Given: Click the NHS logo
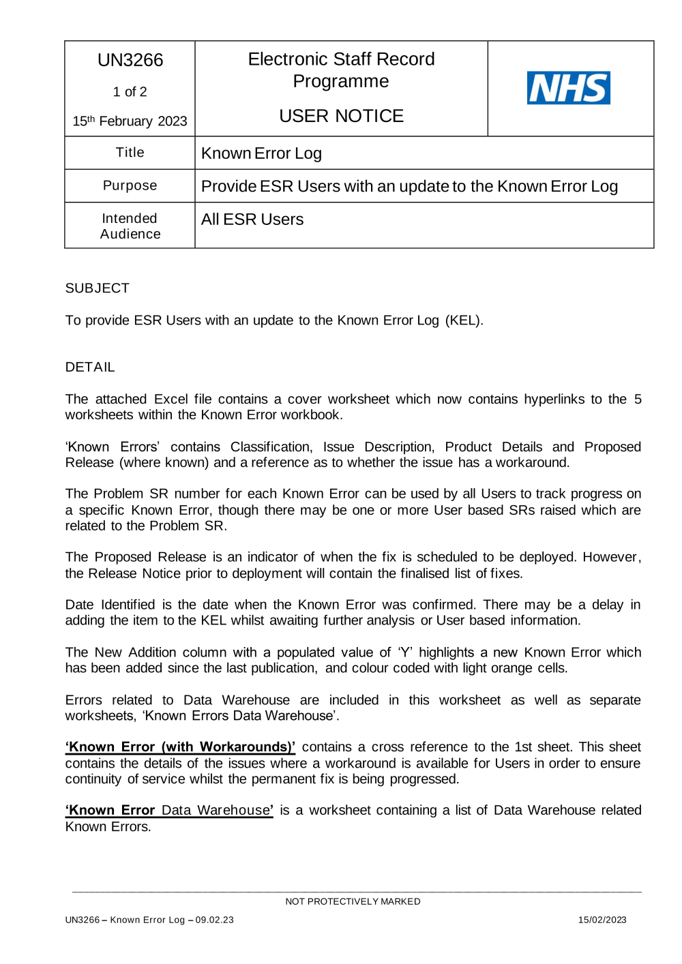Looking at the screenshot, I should point(568,88).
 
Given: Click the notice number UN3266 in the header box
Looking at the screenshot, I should point(130,60).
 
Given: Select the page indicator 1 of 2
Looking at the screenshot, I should point(130,91).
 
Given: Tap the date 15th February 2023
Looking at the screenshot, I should point(130,121).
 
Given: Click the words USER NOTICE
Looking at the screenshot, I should point(341,116).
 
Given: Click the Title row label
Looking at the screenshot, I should point(130,153).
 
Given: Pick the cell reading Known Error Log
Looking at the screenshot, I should point(261,153).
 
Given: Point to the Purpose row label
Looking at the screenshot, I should point(130,185).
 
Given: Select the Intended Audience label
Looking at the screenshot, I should point(130,226).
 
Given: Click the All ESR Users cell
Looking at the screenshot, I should point(252,220).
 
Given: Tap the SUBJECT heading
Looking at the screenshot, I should point(97,288).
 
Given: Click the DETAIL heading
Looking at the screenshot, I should point(90,367).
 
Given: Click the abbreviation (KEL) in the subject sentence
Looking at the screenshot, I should point(464,320).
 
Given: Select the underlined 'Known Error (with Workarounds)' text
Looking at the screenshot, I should point(180,747).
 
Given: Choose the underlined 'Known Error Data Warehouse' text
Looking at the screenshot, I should point(169,811).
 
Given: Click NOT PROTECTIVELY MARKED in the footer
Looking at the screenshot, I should point(353,901).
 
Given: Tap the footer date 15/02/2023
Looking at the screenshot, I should point(602,920).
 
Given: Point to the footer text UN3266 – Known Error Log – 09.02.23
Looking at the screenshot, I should point(149,920).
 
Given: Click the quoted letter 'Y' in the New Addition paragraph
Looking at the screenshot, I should point(405,652).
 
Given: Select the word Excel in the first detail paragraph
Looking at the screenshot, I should point(170,400).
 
